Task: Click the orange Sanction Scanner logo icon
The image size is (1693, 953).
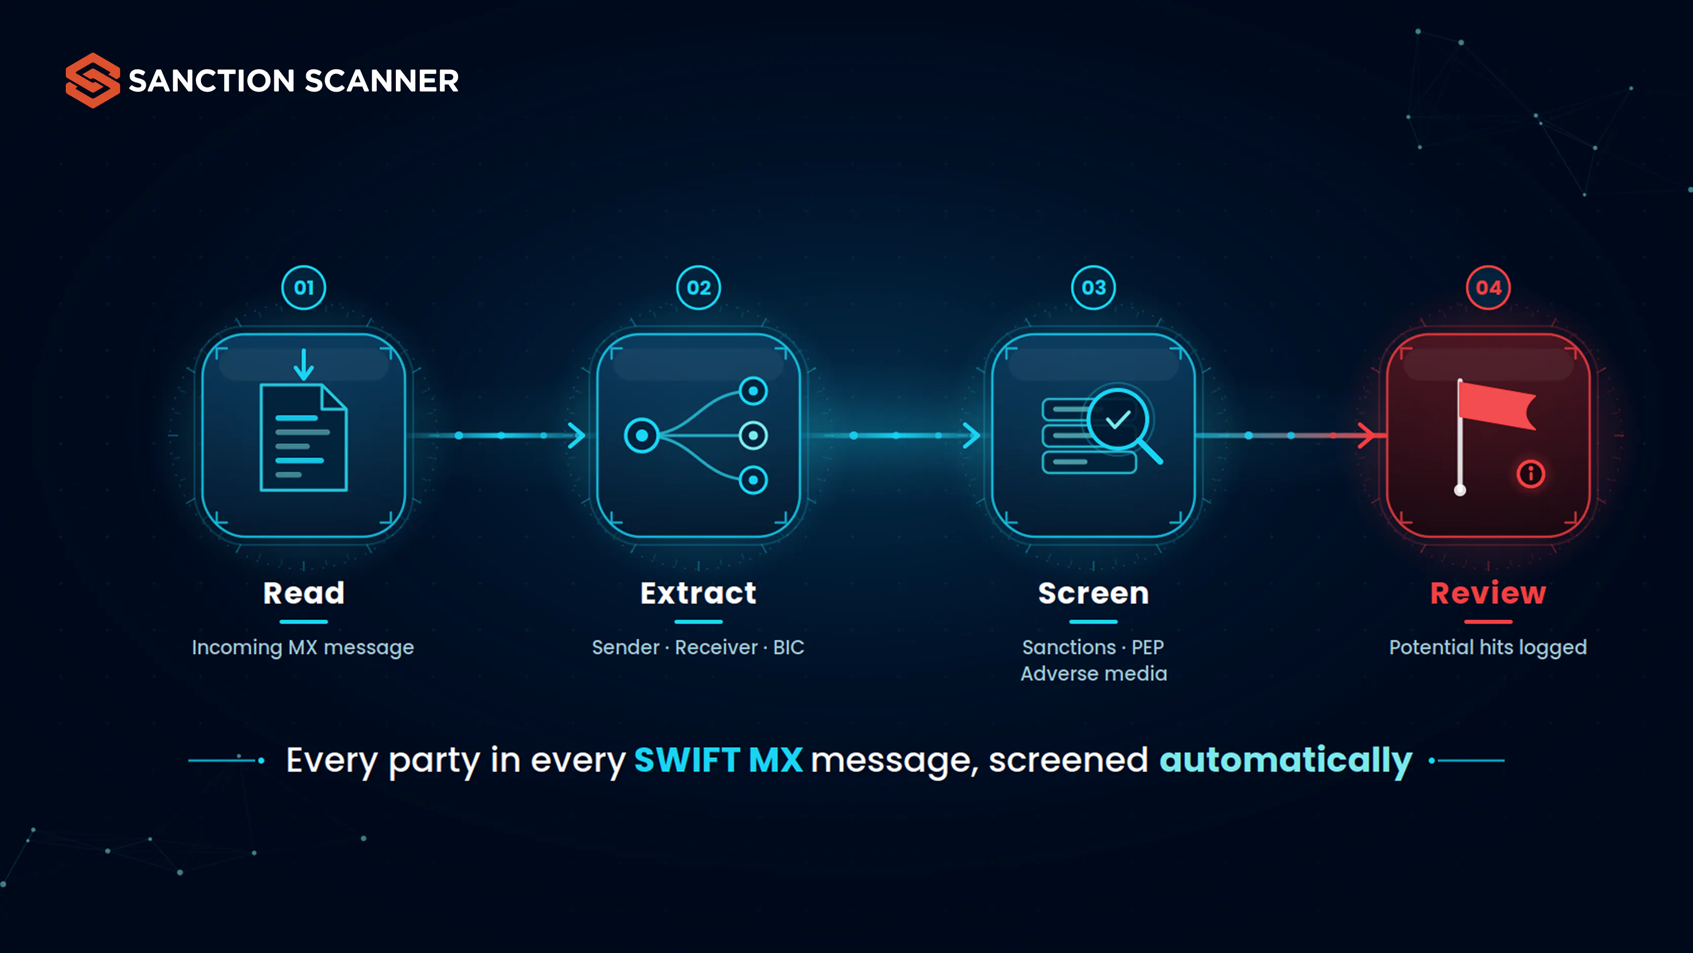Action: (93, 80)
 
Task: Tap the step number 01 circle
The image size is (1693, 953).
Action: (304, 287)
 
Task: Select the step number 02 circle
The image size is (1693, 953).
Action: (699, 287)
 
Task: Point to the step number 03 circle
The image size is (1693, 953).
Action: (1094, 287)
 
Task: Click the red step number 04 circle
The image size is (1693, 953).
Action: (1488, 287)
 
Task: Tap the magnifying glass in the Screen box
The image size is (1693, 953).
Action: (1122, 424)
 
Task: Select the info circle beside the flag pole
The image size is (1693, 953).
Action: (1530, 474)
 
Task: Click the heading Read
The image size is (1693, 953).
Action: (304, 593)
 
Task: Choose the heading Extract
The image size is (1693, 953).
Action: (699, 593)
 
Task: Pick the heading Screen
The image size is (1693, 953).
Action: (1094, 593)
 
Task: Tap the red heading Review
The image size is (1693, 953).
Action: (1488, 593)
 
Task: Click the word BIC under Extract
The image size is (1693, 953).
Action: (789, 647)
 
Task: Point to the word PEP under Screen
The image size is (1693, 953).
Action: (1148, 647)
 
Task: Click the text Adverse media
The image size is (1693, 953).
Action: (1094, 673)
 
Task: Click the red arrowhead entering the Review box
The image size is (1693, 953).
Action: (1367, 435)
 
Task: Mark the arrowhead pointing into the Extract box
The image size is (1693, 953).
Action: (577, 435)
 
